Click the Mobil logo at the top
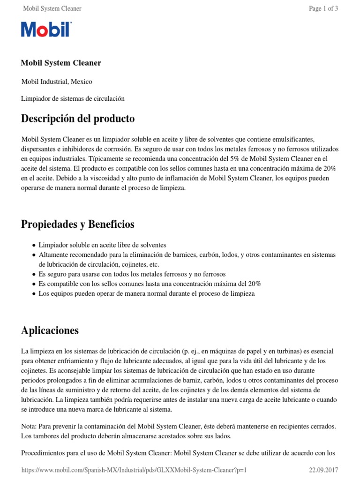point(46,30)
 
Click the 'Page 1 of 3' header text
point(323,8)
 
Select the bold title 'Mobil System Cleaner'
point(61,63)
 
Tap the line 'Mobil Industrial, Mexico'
point(57,82)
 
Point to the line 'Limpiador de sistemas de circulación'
point(73,98)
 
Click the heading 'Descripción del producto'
point(78,119)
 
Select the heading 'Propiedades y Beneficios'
point(78,225)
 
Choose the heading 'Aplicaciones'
point(50,330)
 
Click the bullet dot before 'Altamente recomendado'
point(34,255)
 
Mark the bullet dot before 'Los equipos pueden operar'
point(34,294)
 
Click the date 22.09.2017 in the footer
point(323,470)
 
